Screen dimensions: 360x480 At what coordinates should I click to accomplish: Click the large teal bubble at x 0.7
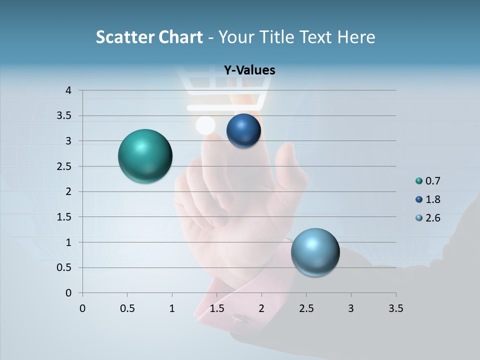(x=145, y=156)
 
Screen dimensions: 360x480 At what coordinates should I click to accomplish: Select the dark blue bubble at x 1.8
(x=243, y=131)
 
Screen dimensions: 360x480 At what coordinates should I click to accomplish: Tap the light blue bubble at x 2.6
(x=315, y=252)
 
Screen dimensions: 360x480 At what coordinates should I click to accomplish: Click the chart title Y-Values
(x=249, y=70)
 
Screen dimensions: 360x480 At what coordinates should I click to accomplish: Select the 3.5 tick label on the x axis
(x=395, y=308)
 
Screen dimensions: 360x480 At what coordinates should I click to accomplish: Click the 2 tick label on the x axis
(x=261, y=308)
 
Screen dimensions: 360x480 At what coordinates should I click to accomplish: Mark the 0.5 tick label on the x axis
(x=127, y=308)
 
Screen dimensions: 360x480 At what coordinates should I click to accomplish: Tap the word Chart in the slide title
(x=180, y=36)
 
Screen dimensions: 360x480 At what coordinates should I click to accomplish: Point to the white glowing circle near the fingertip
(x=205, y=125)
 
